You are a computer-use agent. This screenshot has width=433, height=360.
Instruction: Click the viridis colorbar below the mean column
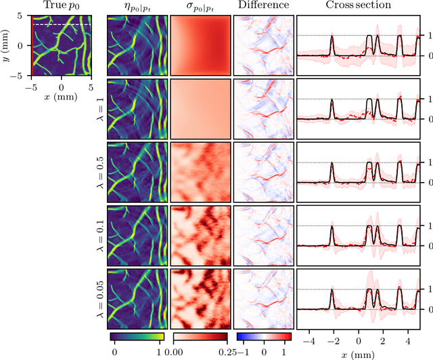(136, 336)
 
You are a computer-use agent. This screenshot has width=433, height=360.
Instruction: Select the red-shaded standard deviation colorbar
(200, 336)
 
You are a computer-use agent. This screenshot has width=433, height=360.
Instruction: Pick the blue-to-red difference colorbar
(263, 336)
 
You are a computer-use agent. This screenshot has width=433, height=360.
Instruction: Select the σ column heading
(200, 6)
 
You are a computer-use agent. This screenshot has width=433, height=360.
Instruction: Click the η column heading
(136, 6)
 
